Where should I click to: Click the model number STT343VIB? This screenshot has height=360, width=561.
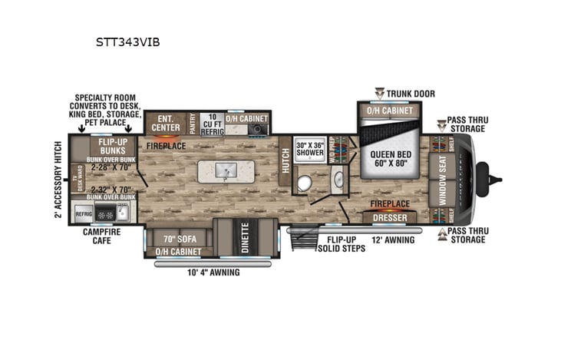(127, 42)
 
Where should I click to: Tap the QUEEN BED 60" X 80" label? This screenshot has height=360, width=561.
(390, 158)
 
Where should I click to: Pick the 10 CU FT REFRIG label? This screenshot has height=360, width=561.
(211, 124)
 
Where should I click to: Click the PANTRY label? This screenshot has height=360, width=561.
(191, 124)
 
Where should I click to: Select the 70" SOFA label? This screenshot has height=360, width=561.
(178, 237)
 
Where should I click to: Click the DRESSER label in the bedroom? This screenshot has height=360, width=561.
(389, 218)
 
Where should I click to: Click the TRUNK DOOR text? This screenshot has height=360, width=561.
(411, 94)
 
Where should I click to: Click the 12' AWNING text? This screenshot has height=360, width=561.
(393, 239)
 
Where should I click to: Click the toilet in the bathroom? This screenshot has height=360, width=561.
(304, 182)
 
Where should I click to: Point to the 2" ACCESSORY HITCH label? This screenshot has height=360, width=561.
(58, 179)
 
